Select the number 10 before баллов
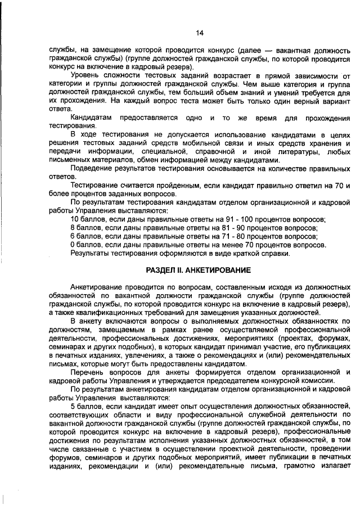pyautogui.click(x=75, y=219)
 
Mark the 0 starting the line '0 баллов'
pyautogui.click(x=73, y=245)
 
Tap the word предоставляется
pyautogui.click(x=151, y=118)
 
